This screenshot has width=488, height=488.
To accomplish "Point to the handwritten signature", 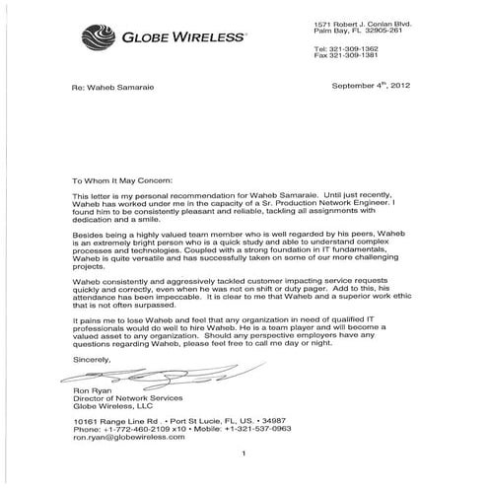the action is click(x=138, y=377).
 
